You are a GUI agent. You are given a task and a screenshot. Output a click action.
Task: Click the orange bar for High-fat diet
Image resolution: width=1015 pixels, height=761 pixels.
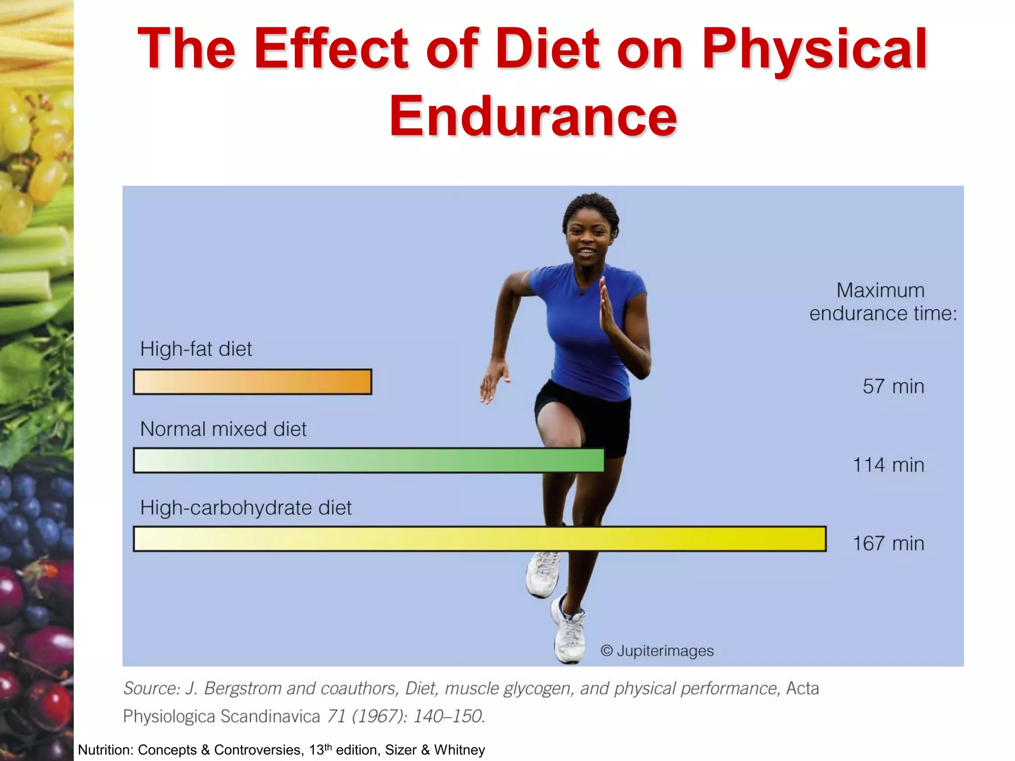[x=252, y=382]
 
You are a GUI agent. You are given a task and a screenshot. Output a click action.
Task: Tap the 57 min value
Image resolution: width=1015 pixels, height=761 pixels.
[x=893, y=386]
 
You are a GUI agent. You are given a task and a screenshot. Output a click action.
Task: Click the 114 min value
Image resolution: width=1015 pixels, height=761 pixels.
[x=888, y=465]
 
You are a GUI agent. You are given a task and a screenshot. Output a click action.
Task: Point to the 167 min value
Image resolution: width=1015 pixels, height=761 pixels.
[x=888, y=544]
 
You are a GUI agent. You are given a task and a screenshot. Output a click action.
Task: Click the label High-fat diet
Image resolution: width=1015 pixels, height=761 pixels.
[x=196, y=349]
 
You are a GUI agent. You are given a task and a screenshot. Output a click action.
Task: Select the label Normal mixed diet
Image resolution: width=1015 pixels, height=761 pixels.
[x=223, y=429]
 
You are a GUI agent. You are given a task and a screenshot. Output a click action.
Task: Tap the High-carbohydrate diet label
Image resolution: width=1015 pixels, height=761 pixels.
[x=246, y=508]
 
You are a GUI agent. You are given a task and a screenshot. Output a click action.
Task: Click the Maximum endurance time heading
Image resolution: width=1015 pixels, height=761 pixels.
[x=882, y=302]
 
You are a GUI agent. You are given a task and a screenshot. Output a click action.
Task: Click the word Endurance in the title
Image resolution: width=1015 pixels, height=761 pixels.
[x=533, y=116]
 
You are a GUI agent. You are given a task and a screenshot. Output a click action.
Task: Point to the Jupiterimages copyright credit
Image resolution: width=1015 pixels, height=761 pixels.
[x=657, y=651]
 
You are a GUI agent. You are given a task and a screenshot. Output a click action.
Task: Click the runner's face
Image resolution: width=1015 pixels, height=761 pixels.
[x=588, y=240]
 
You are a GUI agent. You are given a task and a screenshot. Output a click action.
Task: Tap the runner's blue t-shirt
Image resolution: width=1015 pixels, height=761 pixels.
[x=585, y=327]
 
